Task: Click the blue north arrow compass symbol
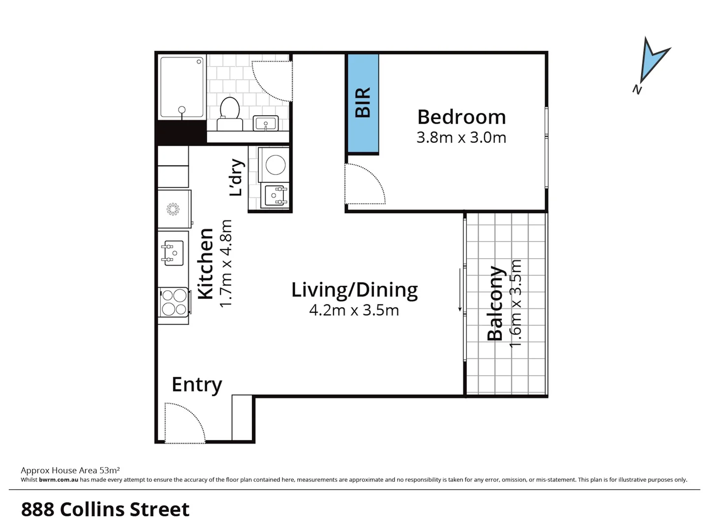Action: coord(653,61)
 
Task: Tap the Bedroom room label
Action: coord(461,117)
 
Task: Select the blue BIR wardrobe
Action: coord(363,103)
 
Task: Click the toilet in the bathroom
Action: coord(230,113)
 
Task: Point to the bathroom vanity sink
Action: coord(266,123)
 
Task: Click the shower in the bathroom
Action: coord(182,88)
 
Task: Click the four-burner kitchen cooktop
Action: coord(174,302)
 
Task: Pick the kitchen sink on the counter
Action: coord(173,253)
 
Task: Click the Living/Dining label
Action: coord(354,290)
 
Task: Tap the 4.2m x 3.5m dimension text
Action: coord(354,310)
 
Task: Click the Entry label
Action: coord(196,384)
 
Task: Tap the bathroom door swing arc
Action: coord(272,81)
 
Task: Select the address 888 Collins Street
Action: coord(105,509)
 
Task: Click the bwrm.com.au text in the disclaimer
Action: coord(59,480)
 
